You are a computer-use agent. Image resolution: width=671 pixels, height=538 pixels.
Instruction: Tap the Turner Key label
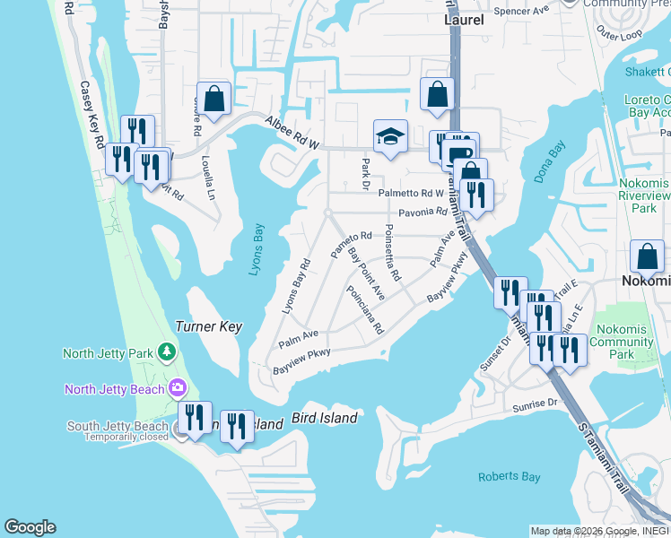[209, 327]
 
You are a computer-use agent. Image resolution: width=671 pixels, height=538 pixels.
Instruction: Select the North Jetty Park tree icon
[167, 352]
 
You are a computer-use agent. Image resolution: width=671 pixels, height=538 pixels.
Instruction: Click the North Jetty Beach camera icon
[177, 388]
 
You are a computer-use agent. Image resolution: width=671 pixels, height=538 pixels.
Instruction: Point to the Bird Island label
[325, 418]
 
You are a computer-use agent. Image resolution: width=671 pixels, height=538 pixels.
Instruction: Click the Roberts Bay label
[508, 477]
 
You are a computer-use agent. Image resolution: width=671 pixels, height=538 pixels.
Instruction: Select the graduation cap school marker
[390, 136]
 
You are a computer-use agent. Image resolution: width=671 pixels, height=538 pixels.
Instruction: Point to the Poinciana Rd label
[365, 310]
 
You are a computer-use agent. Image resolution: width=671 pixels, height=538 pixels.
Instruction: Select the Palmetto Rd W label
[411, 193]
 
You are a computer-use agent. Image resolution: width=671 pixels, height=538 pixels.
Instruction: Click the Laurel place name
[464, 19]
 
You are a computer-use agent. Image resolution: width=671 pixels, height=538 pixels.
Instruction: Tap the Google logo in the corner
[30, 527]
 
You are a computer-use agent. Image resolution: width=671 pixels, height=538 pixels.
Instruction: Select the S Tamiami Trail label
[598, 456]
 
